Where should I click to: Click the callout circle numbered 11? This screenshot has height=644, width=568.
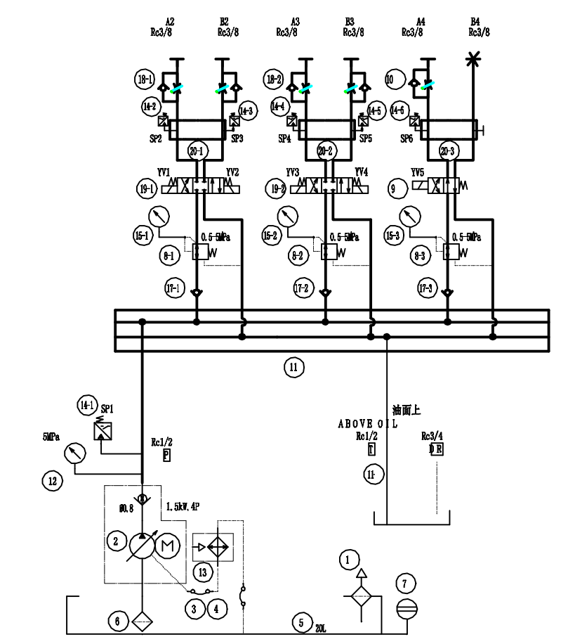[294, 366]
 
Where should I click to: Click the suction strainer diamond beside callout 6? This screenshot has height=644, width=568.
[143, 623]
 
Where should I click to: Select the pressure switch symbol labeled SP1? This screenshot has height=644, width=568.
[102, 428]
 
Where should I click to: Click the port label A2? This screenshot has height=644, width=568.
[169, 22]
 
